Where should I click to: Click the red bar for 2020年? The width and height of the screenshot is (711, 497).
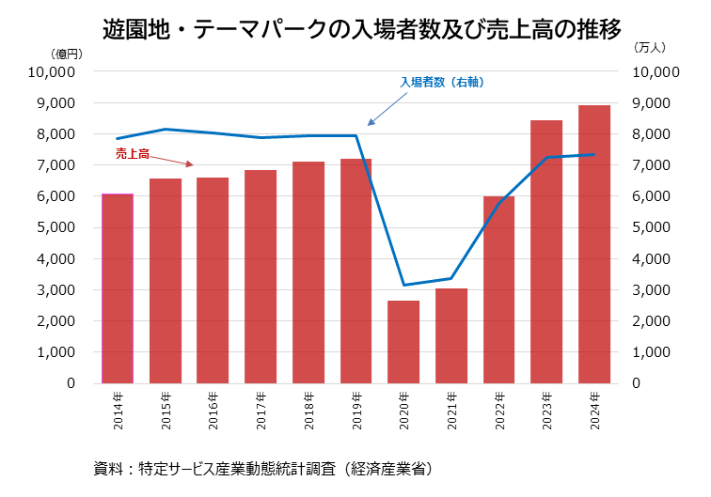click(403, 342)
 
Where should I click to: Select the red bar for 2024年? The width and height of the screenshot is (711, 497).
click(593, 244)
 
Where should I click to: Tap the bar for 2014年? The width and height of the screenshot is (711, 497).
click(118, 288)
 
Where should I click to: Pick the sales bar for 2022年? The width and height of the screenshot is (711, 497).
click(498, 289)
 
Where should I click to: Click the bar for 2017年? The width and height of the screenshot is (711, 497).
click(261, 277)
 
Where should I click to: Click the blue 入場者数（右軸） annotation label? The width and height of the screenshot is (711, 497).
click(441, 83)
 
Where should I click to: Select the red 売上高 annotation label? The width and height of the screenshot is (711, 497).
click(133, 152)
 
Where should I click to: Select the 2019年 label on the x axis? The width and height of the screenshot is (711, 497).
click(356, 411)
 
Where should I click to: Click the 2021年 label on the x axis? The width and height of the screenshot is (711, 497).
click(451, 411)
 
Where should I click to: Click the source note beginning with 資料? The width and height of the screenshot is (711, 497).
click(262, 467)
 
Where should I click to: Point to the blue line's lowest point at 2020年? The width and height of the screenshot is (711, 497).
click(403, 285)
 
